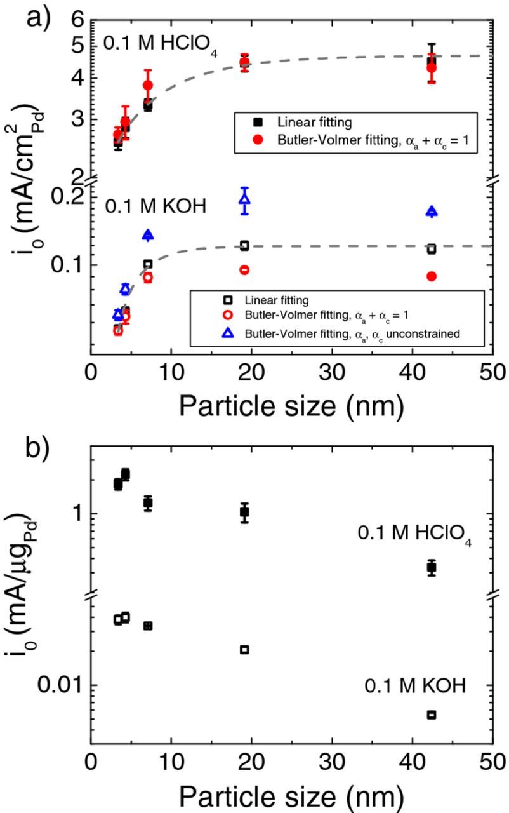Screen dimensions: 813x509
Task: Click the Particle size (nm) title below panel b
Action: (x=291, y=794)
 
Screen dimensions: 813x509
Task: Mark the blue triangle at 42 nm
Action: (x=432, y=212)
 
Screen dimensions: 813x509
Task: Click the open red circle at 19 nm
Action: (x=244, y=270)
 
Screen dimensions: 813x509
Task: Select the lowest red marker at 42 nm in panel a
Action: (x=432, y=276)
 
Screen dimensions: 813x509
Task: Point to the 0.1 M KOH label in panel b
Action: (x=416, y=686)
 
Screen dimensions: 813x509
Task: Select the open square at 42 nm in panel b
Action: (x=432, y=715)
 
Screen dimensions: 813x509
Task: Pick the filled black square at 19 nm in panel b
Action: (x=244, y=512)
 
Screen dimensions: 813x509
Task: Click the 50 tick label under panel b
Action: (x=492, y=760)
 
